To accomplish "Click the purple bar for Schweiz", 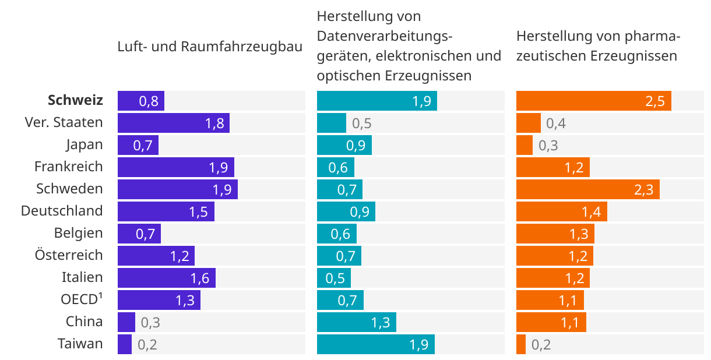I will (x=140, y=101).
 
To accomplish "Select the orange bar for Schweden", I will (x=587, y=189).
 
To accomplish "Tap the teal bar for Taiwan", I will (x=375, y=344).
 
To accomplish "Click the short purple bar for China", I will (x=126, y=322).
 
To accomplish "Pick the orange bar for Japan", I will (x=524, y=145).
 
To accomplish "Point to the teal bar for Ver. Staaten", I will (x=331, y=123).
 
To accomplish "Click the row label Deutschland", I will (x=62, y=211).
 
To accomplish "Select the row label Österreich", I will (x=68, y=255).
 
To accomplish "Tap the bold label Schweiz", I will (x=75, y=100).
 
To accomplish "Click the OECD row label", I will (x=82, y=299).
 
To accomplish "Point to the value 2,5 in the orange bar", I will (x=654, y=101).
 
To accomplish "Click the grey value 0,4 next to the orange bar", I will (x=555, y=123).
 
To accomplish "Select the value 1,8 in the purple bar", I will (x=214, y=123).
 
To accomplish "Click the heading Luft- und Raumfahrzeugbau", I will (x=210, y=47).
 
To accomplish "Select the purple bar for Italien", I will (x=166, y=278).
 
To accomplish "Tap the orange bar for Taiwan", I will (x=520, y=344).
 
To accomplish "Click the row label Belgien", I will (x=78, y=233).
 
